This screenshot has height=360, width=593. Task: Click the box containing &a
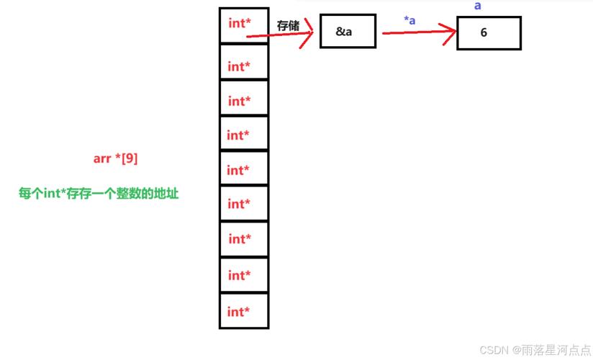coord(348,31)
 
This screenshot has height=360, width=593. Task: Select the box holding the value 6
coord(489,33)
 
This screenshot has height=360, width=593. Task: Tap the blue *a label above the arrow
coord(409,20)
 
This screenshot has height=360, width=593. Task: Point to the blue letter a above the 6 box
coord(478,6)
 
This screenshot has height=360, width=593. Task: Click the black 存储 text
coord(288,26)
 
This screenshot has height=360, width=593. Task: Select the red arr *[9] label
coord(115,158)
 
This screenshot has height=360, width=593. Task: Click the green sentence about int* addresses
coord(99,194)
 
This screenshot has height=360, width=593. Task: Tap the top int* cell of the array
coord(244,25)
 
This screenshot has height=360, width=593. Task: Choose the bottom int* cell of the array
coord(244,311)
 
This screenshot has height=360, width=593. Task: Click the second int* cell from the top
coord(244,62)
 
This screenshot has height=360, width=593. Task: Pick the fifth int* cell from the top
coord(244,168)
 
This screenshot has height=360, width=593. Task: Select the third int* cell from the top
coord(244,98)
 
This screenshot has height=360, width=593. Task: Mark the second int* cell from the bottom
coord(244,275)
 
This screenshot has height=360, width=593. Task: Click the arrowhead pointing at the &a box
coord(308,33)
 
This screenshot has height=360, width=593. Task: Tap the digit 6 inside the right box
coord(484,32)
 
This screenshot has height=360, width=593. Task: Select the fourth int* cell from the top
coord(244,133)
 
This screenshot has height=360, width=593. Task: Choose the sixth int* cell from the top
coord(244,203)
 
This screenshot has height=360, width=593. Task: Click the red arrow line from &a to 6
coord(420,32)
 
